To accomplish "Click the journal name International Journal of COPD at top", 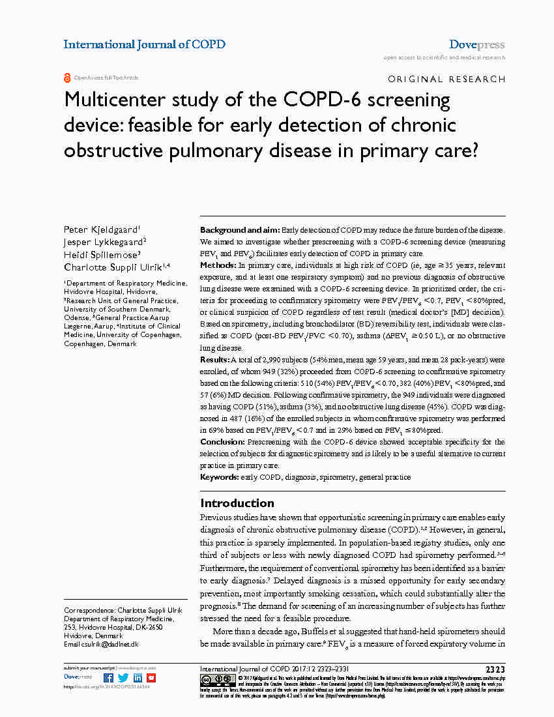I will tap(144, 44).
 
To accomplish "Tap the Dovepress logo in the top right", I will tap(476, 45).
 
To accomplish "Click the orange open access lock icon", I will tap(67, 78).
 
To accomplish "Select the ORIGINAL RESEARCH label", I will tap(446, 79).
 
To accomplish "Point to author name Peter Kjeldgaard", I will tap(100, 229).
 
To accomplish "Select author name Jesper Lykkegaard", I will tap(104, 242).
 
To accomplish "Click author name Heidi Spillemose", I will tap(102, 254).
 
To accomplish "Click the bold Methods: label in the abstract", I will tap(218, 265).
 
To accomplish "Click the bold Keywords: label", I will tap(220, 477).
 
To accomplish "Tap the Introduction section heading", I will tap(237, 503).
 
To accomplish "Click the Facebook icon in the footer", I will tap(108, 678).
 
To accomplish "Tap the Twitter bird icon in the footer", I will tap(123, 678).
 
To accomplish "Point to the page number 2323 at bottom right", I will tap(495, 669).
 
